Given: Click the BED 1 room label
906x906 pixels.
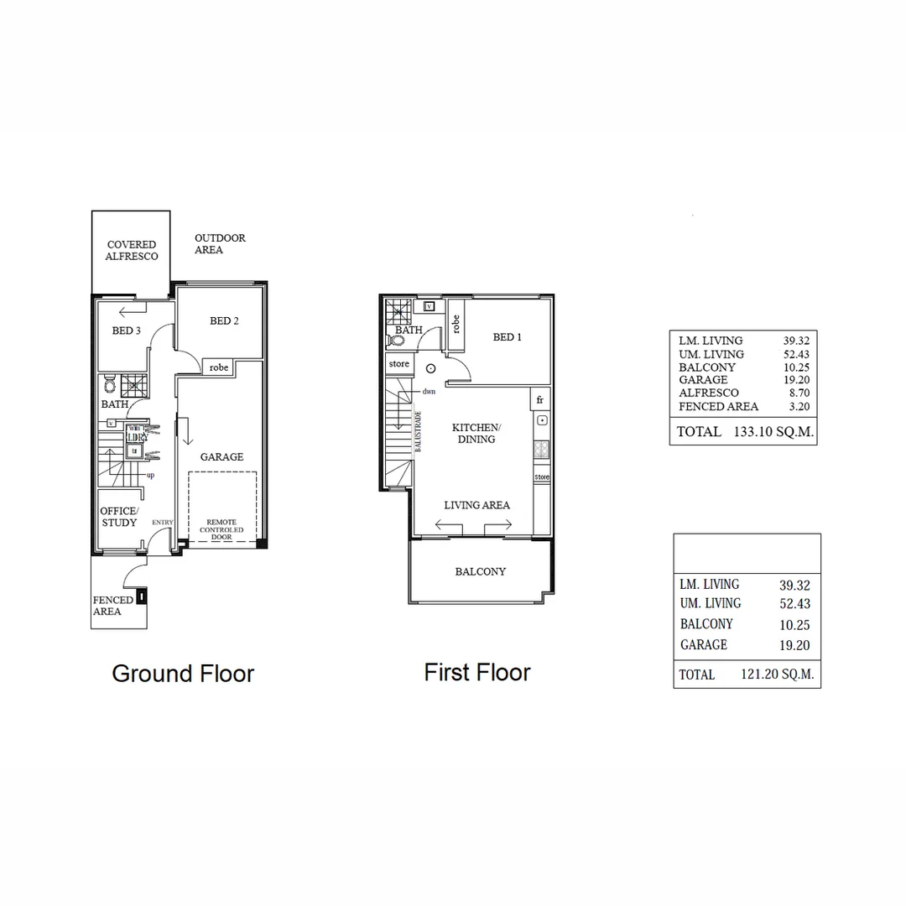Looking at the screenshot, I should pyautogui.click(x=508, y=337).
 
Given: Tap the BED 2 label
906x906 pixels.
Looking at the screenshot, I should pyautogui.click(x=225, y=320).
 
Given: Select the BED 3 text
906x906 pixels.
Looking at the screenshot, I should pyautogui.click(x=127, y=331).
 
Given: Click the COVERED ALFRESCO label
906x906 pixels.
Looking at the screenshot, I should pyautogui.click(x=132, y=251).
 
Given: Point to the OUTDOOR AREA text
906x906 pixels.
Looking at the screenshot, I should pyautogui.click(x=220, y=244).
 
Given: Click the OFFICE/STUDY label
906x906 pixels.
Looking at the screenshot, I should pyautogui.click(x=119, y=517).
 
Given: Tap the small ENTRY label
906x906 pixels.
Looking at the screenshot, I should pyautogui.click(x=162, y=523).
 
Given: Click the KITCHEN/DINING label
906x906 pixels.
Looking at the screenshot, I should pyautogui.click(x=476, y=433).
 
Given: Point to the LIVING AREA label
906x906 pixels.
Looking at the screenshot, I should pyautogui.click(x=476, y=505).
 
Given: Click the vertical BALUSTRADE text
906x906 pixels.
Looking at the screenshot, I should pyautogui.click(x=417, y=432).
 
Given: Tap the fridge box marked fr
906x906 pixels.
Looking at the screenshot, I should pyautogui.click(x=540, y=399).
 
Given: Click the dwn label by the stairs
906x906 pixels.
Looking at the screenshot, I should pyautogui.click(x=429, y=392).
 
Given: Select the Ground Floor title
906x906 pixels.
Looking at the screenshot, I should pyautogui.click(x=183, y=674).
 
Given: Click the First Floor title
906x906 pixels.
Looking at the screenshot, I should pyautogui.click(x=477, y=672).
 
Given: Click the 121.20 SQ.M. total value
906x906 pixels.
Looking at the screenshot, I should pyautogui.click(x=777, y=674).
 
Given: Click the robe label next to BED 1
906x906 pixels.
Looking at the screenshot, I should pyautogui.click(x=456, y=324).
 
